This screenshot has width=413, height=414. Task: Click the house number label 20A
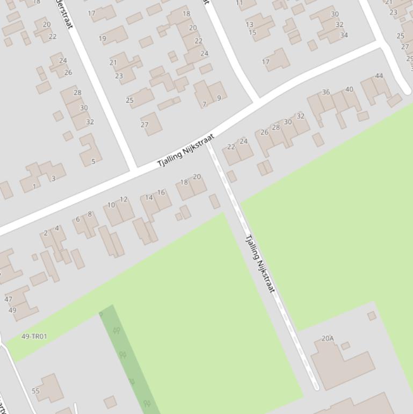pos(328,338)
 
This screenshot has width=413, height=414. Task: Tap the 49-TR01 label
pos(34,337)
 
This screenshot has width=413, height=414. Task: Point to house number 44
pos(379,76)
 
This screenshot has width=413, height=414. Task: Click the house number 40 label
pos(349,89)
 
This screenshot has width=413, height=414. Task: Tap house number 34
pos(344,35)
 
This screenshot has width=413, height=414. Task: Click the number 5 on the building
pos(93,161)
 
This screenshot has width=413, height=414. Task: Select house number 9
pos(219,98)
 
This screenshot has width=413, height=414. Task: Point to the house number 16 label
pos(161,192)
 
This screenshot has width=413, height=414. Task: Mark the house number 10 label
pos(111,205)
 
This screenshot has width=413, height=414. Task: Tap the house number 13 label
pos(249,24)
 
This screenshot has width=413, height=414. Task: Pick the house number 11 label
pos(240,3)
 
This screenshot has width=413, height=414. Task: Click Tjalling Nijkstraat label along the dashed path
pos(260,263)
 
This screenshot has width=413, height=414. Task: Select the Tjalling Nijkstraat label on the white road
pos(186,150)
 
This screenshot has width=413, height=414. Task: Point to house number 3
pos(53,178)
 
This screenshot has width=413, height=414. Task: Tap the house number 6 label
pos(78,219)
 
